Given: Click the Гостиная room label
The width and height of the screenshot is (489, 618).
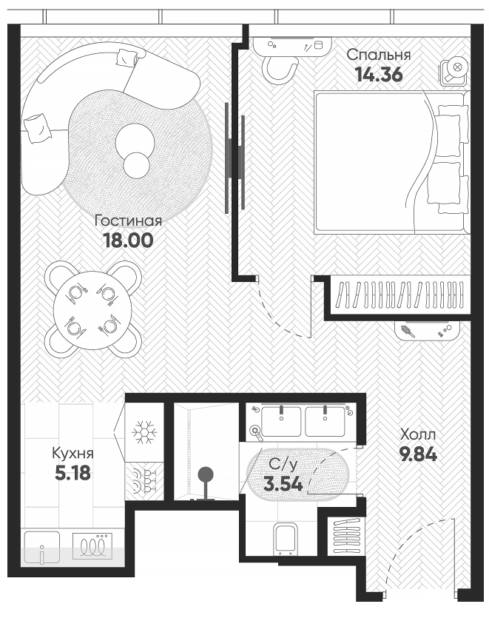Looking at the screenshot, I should click(x=128, y=221).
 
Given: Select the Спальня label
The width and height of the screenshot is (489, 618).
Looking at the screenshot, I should click(x=378, y=54).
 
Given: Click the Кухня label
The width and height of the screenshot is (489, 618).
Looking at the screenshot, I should click(x=72, y=453).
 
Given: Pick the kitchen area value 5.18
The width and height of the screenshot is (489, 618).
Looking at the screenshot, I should click(x=72, y=472).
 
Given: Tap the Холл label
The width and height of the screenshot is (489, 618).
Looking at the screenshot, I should click(x=418, y=434).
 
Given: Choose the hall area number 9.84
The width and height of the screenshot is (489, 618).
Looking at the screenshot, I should click(x=418, y=454).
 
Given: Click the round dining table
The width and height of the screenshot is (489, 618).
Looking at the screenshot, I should click(x=92, y=310).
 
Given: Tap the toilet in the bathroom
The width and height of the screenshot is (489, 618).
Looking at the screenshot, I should click(x=285, y=535).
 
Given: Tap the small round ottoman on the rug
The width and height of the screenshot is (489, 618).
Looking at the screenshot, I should click(x=136, y=164).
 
